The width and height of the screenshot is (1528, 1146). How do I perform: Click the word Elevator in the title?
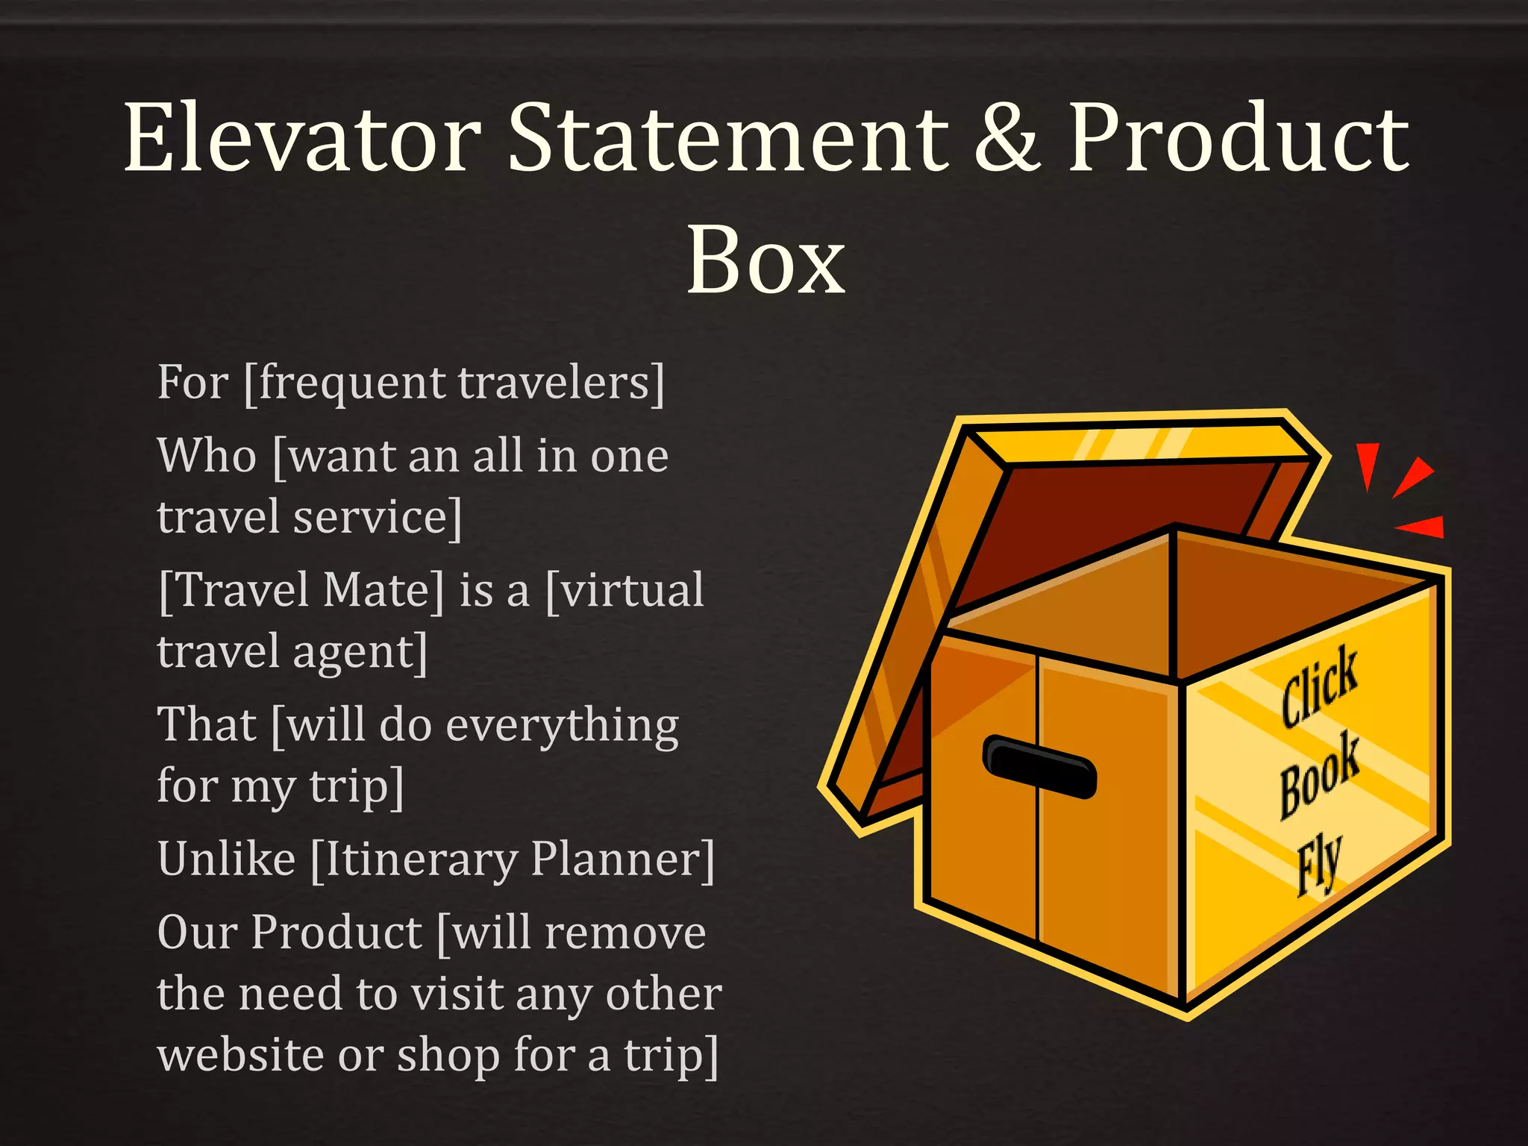pyautogui.click(x=302, y=138)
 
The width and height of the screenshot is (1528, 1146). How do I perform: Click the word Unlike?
pyautogui.click(x=226, y=859)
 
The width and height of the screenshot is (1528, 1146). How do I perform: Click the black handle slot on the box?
pyautogui.click(x=1040, y=766)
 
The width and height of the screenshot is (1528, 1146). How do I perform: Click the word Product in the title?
pyautogui.click(x=1239, y=138)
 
